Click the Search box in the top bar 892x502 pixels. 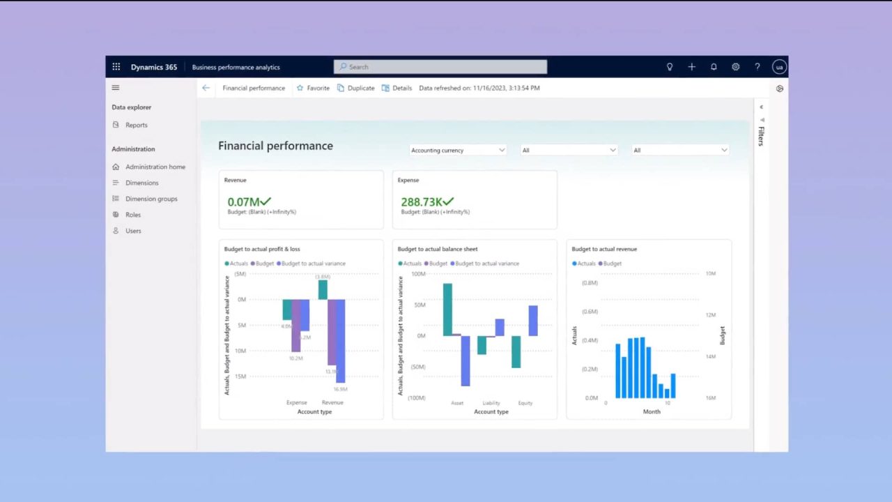[440, 67]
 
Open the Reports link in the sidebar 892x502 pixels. [136, 125]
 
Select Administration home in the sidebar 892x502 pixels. [155, 167]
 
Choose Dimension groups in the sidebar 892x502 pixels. [151, 199]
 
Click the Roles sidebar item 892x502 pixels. [132, 215]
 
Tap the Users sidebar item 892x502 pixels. [132, 231]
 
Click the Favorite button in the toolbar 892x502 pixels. [313, 89]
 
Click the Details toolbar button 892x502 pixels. [397, 89]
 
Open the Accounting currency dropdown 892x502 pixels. [458, 151]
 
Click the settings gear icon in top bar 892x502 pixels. [735, 67]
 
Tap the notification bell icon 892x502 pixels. [714, 67]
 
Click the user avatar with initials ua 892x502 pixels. [779, 67]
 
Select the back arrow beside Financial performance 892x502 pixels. [206, 89]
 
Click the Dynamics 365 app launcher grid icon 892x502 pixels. [116, 67]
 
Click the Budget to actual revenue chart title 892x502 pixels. [604, 249]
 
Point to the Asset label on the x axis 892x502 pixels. [457, 403]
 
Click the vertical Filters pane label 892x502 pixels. [761, 135]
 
